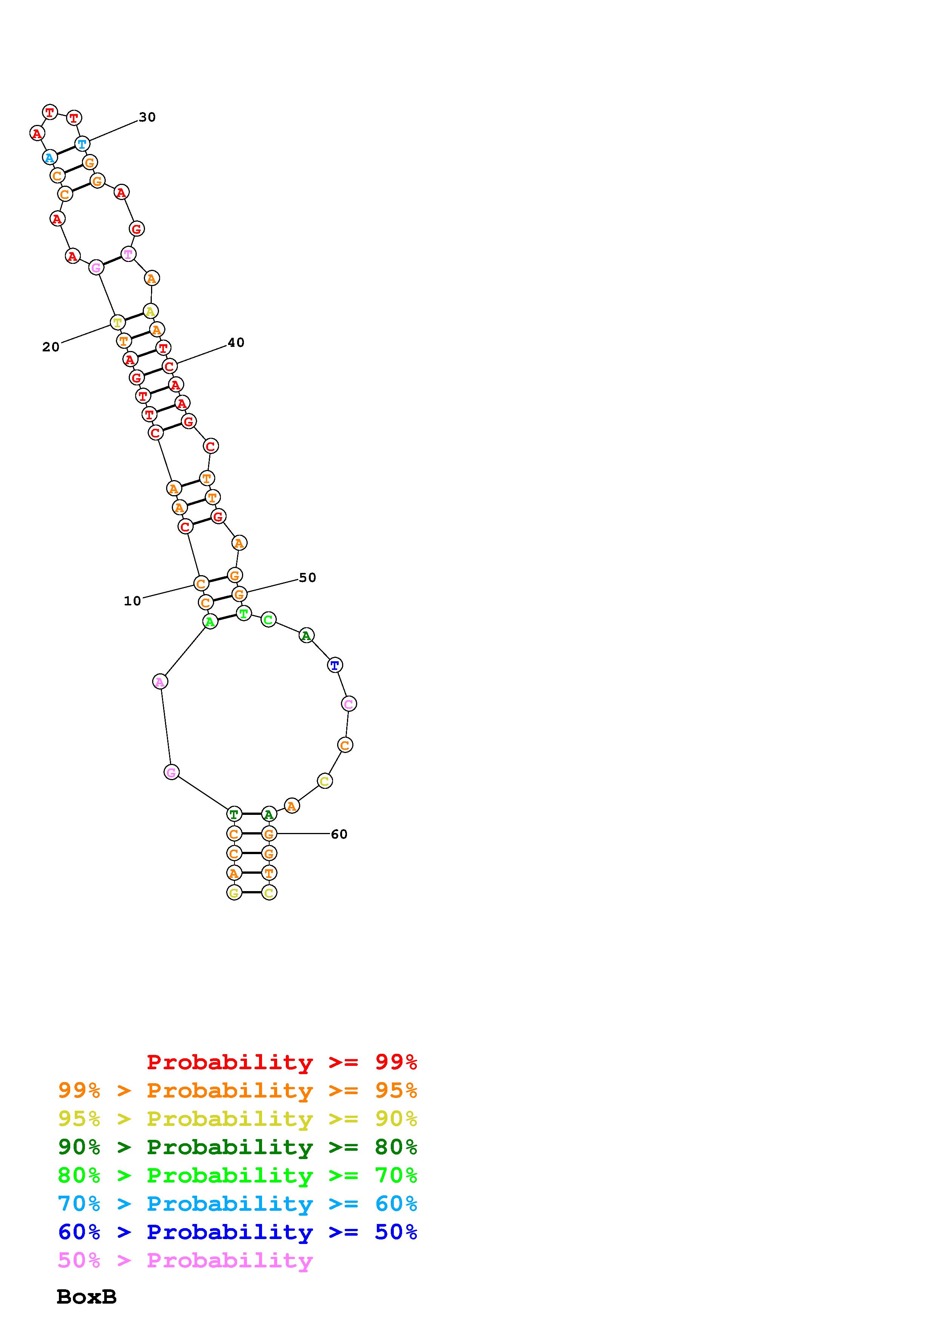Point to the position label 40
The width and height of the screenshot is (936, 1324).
click(x=236, y=343)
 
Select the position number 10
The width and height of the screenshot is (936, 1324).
click(x=132, y=601)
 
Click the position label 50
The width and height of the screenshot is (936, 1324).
click(x=307, y=578)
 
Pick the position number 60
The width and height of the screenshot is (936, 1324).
click(x=339, y=834)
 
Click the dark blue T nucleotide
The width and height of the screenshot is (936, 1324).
click(x=335, y=665)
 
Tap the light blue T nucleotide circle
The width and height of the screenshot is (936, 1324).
click(x=82, y=143)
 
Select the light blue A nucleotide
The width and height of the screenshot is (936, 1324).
click(x=49, y=157)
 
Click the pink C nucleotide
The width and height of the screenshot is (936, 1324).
click(x=348, y=704)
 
